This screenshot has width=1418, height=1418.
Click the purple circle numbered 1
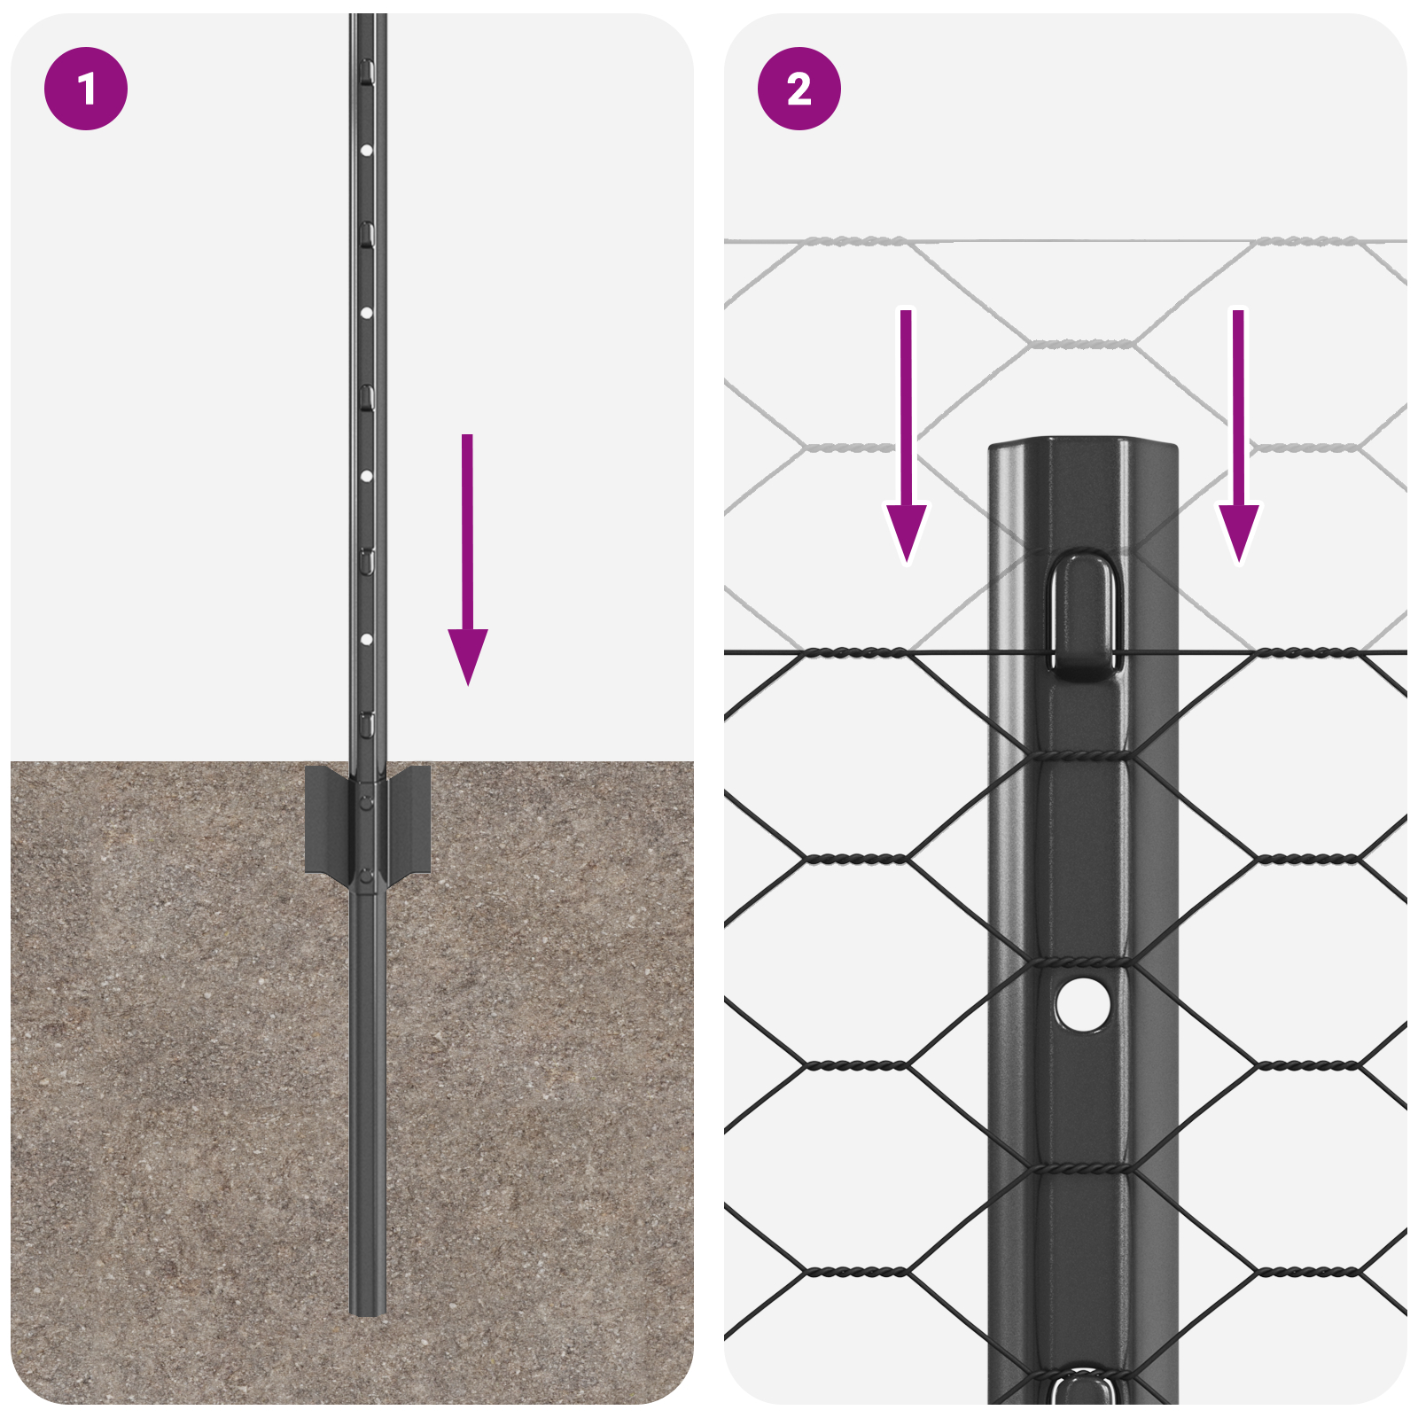click(x=86, y=89)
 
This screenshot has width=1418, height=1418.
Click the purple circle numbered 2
click(x=799, y=89)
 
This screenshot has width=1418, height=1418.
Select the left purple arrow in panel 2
click(x=906, y=443)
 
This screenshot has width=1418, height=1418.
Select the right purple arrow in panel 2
click(x=1238, y=443)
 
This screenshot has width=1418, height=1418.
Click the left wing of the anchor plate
click(x=324, y=820)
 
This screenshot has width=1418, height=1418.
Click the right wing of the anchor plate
click(x=409, y=820)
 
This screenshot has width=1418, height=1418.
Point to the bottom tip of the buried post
click(x=367, y=1310)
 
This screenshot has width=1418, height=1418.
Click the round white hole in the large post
click(x=1082, y=1004)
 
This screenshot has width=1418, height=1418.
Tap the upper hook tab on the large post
click(x=1083, y=616)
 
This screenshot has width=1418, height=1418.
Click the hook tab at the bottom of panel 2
click(x=1083, y=1388)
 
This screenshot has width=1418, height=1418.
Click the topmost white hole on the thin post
click(x=366, y=151)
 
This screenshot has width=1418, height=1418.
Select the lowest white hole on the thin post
click(x=366, y=639)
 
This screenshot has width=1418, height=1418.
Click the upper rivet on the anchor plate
click(x=366, y=803)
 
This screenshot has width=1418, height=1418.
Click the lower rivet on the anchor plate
click(x=366, y=877)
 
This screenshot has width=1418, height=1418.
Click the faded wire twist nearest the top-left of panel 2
click(x=855, y=241)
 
